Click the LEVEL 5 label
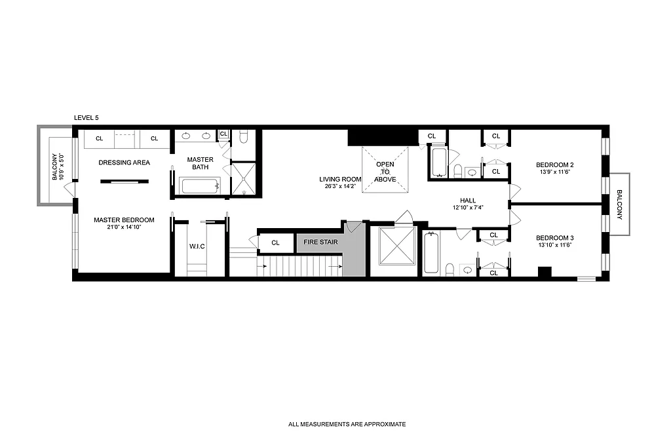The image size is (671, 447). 86,117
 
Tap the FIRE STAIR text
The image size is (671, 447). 320,243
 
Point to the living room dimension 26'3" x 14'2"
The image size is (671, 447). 341,186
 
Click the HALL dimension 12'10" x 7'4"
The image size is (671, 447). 468,208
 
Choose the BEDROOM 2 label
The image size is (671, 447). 554,165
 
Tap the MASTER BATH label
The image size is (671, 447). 200,163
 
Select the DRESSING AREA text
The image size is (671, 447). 124,163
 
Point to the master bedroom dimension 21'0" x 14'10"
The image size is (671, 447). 124,228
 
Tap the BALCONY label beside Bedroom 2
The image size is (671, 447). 620,204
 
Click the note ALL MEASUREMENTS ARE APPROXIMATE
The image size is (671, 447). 347,424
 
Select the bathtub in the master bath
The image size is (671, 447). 199,185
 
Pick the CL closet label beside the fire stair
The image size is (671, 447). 275,243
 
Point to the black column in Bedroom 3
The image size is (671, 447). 543,272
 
